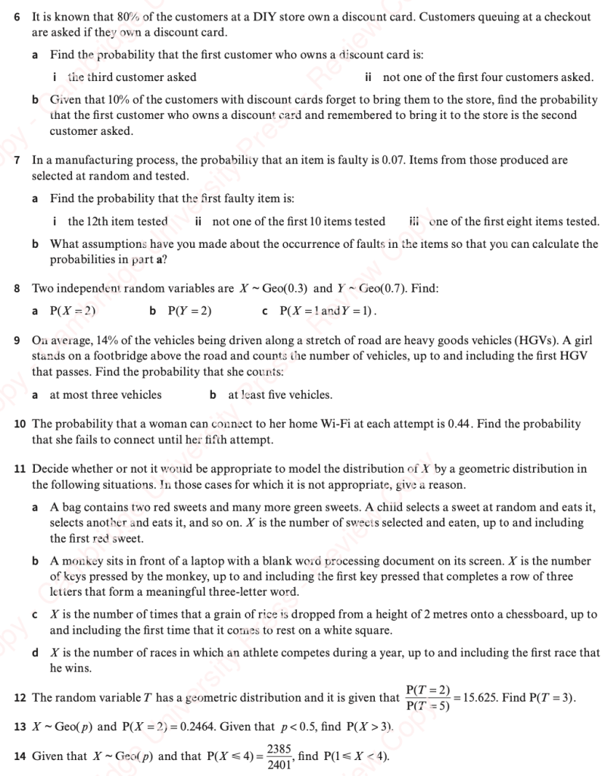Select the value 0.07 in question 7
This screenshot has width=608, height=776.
pos(388,161)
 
